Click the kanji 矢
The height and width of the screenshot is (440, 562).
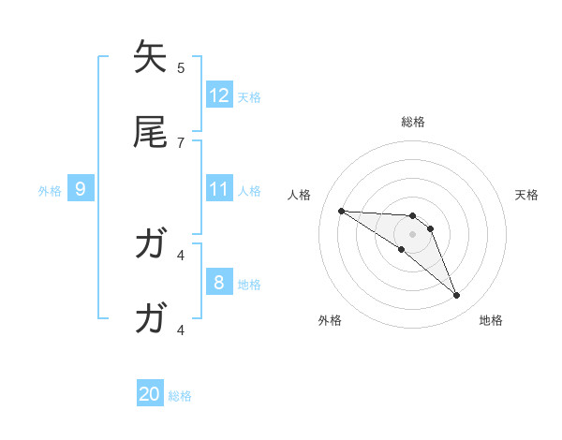pyautogui.click(x=151, y=58)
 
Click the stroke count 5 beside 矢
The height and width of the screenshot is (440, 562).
pyautogui.click(x=181, y=67)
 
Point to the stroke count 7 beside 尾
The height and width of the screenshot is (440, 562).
pyautogui.click(x=181, y=142)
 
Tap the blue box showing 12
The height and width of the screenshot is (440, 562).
pyautogui.click(x=219, y=95)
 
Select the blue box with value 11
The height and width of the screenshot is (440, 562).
pyautogui.click(x=219, y=189)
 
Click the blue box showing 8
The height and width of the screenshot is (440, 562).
pyautogui.click(x=219, y=283)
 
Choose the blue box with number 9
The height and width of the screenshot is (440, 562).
pyautogui.click(x=81, y=189)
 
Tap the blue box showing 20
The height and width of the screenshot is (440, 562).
pyautogui.click(x=150, y=394)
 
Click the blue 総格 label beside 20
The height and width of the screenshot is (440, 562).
pyautogui.click(x=180, y=396)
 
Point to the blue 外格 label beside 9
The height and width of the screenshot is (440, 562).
pyautogui.click(x=50, y=191)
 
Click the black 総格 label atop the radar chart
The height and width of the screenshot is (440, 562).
pyautogui.click(x=413, y=122)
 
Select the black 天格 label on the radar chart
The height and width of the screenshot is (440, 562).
pyautogui.click(x=526, y=195)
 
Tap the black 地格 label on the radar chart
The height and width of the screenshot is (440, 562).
pyautogui.click(x=491, y=320)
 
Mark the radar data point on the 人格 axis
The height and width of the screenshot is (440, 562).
pyautogui.click(x=341, y=211)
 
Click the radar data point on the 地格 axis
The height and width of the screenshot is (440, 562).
pyautogui.click(x=456, y=296)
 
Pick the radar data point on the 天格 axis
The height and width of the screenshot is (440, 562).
pyautogui.click(x=430, y=228)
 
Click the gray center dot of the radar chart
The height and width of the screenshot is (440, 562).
pyautogui.click(x=412, y=234)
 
